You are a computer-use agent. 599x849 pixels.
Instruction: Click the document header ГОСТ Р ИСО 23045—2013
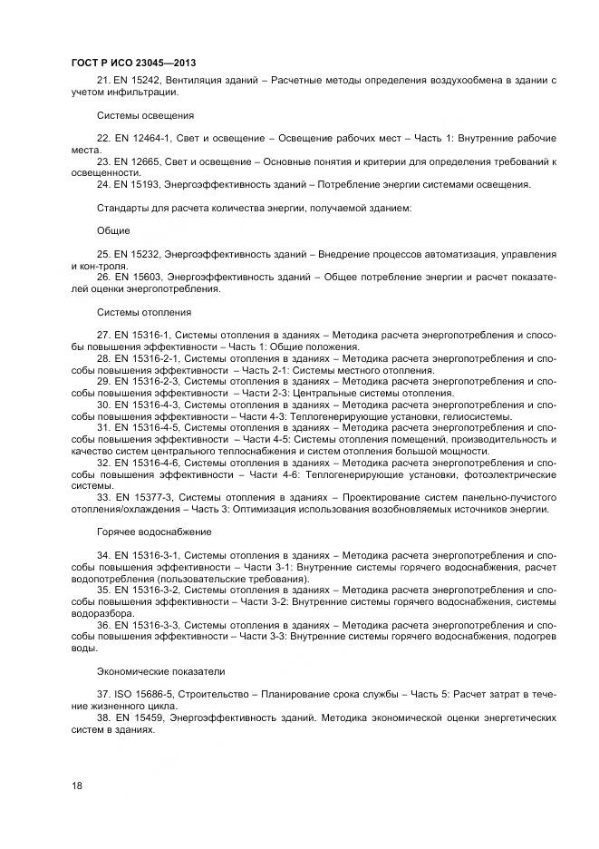(133, 63)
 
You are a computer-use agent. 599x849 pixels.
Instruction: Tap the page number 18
(76, 786)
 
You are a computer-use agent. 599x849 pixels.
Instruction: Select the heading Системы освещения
(145, 115)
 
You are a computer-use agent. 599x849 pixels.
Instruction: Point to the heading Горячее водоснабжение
(154, 531)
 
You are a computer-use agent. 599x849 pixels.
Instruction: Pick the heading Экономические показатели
(161, 672)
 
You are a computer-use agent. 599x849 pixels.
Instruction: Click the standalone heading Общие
(113, 230)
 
